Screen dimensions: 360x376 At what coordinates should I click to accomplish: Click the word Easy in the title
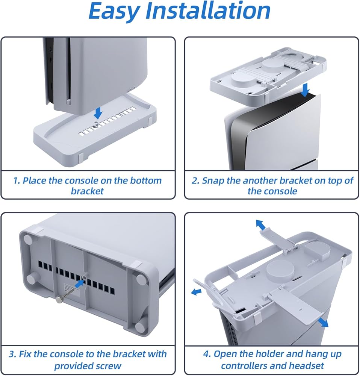(x=114, y=11)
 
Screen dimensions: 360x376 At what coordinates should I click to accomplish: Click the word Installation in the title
(x=208, y=11)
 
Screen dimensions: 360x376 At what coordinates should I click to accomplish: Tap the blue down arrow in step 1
(x=98, y=113)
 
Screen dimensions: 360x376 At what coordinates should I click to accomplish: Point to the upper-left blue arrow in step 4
(x=260, y=224)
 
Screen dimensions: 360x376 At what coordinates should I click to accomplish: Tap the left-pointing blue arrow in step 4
(x=196, y=292)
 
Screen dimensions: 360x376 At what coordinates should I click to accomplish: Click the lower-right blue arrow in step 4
(x=323, y=322)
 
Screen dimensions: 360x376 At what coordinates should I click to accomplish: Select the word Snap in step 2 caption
(x=213, y=181)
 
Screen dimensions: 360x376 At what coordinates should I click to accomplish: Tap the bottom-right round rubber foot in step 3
(x=139, y=326)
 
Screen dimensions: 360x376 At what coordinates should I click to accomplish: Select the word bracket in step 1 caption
(x=87, y=191)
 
